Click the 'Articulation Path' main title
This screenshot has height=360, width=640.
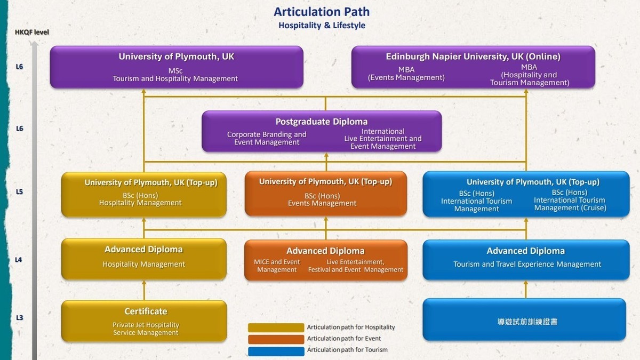[321, 12]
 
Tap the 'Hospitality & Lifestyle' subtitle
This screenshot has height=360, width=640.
[321, 25]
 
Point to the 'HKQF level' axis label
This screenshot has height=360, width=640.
[31, 32]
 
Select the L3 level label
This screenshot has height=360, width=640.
[20, 318]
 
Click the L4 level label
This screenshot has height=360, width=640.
[20, 260]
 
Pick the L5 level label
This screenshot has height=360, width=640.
[20, 191]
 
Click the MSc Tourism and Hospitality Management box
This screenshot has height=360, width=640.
[176, 67]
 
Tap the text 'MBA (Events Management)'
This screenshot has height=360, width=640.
[406, 74]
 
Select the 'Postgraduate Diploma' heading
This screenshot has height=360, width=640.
[321, 122]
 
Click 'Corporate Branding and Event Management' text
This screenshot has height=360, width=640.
[267, 138]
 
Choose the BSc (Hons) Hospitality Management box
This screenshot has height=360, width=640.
[143, 194]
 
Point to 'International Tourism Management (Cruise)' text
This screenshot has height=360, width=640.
[570, 201]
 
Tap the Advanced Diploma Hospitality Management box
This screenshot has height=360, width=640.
[143, 259]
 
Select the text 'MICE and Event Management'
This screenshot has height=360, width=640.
[277, 266]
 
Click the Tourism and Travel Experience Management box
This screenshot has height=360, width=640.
[526, 260]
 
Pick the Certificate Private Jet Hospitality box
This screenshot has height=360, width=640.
[144, 321]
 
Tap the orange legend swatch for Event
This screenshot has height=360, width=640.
[275, 339]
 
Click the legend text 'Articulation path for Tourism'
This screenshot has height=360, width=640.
[347, 350]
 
